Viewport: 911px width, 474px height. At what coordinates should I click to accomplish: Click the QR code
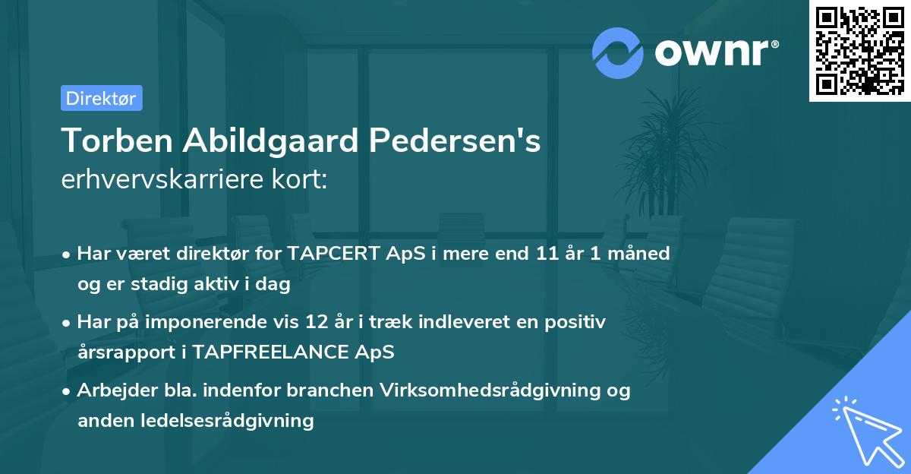coord(859,51)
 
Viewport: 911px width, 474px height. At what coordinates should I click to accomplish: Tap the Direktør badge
coord(101,98)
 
